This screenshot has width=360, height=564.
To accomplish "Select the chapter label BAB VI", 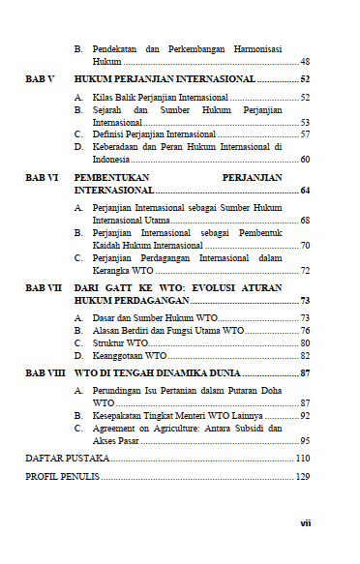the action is pyautogui.click(x=40, y=179).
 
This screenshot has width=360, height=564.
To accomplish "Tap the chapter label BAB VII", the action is pyautogui.click(x=42, y=287).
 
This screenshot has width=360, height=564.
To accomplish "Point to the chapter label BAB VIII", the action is pyautogui.click(x=44, y=371).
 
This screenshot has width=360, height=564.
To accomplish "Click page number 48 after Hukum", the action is pyautogui.click(x=304, y=60).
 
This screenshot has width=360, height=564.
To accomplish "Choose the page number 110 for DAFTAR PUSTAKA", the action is pyautogui.click(x=302, y=457).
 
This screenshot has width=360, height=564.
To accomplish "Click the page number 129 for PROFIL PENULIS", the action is pyautogui.click(x=302, y=477).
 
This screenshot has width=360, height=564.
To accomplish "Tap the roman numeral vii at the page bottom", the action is pyautogui.click(x=304, y=522).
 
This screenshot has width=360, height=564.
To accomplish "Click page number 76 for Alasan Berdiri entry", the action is pyautogui.click(x=304, y=330).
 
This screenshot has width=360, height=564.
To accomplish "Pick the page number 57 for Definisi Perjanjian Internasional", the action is pyautogui.click(x=304, y=134).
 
